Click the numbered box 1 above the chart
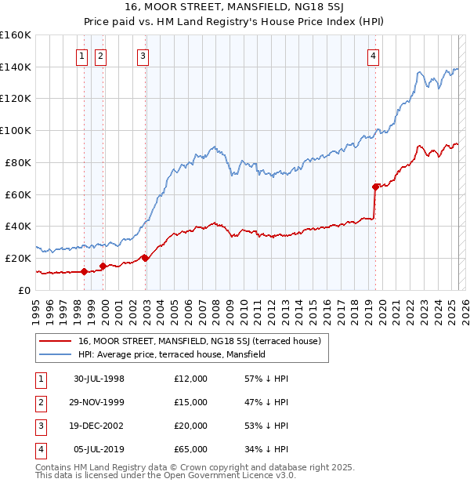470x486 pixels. click(82, 56)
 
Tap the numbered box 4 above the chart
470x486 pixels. click(374, 56)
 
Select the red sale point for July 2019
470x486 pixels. click(375, 187)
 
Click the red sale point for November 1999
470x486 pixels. click(103, 266)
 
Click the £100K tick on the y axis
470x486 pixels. click(16, 130)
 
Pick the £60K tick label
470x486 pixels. click(16, 194)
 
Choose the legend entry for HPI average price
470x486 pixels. click(172, 354)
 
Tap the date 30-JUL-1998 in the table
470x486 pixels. click(99, 379)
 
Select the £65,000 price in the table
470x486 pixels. click(191, 449)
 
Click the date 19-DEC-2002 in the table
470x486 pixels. click(99, 426)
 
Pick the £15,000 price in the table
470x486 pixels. click(191, 402)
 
